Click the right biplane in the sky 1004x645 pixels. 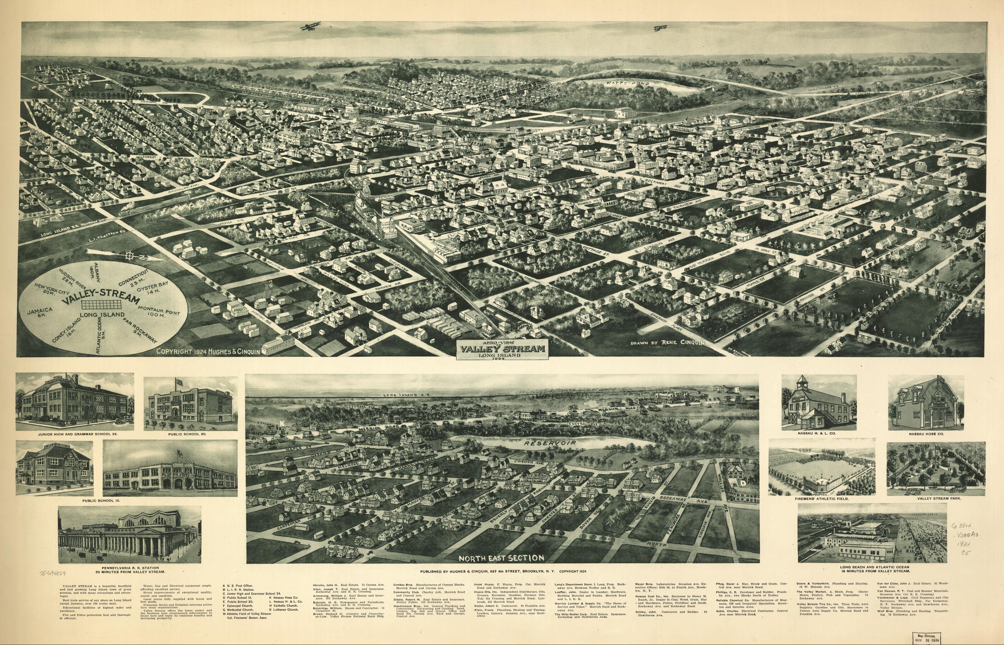[x=660, y=28]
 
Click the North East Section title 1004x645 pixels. [x=501, y=558]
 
